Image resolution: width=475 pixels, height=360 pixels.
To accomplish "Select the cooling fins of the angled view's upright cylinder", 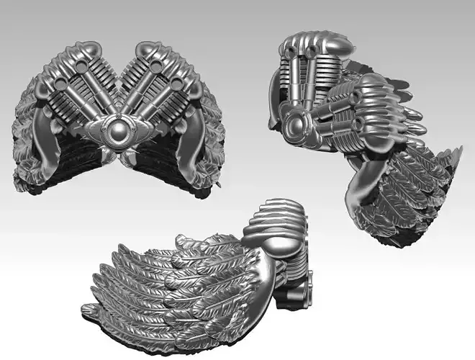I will coord(327,71).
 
